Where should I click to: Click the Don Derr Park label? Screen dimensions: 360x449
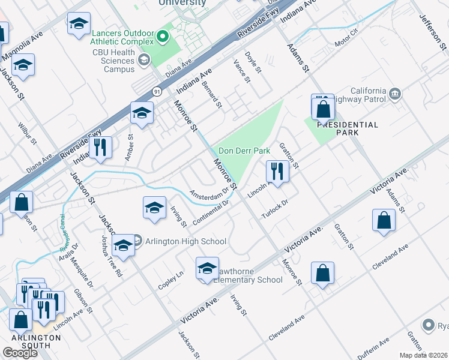pos(244,151)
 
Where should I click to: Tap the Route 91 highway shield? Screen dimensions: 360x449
pos(157,91)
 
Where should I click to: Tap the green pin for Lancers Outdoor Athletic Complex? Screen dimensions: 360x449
pos(161,38)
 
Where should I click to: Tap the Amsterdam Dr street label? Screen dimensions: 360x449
pos(209,193)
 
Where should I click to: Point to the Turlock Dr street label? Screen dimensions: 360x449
pos(275,210)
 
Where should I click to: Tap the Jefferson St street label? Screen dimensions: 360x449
pos(430,25)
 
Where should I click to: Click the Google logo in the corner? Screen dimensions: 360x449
pos(20,352)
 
